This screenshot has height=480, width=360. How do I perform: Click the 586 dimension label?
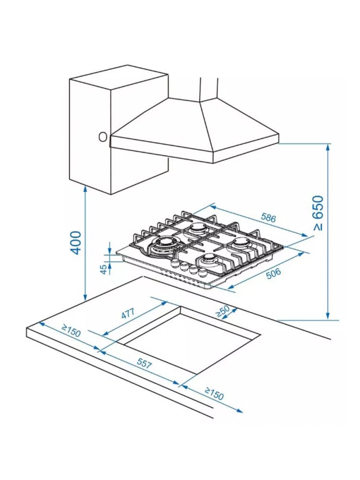click(268, 217)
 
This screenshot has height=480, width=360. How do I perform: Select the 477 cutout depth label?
click(128, 313)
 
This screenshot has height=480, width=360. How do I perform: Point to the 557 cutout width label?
click(144, 363)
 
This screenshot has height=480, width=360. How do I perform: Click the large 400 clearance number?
click(75, 242)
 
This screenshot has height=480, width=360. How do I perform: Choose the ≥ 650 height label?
click(318, 213)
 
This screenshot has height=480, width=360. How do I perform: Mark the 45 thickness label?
click(104, 269)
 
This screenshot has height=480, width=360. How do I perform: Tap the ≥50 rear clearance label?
click(223, 311)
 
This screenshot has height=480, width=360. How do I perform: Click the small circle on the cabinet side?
click(103, 137)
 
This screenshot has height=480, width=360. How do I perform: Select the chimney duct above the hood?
click(209, 88)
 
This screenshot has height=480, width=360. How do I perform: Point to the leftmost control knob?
click(175, 263)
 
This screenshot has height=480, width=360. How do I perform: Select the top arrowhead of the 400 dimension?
click(85, 189)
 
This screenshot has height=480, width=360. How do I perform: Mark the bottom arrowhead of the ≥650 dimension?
click(328, 316)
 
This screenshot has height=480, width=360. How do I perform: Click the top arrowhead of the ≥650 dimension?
click(328, 147)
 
